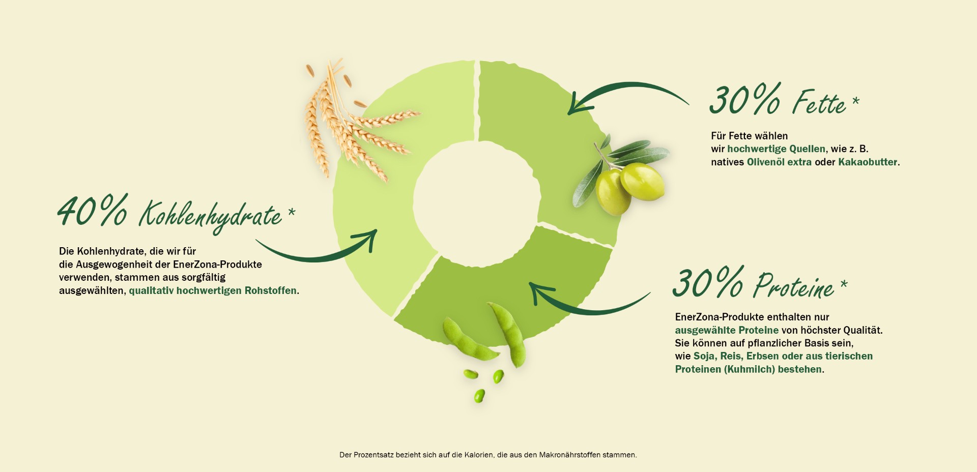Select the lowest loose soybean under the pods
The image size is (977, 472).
[x=479, y=396]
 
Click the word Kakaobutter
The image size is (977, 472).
[x=868, y=162]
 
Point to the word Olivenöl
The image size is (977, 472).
[x=766, y=162]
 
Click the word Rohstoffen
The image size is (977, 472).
[x=271, y=291]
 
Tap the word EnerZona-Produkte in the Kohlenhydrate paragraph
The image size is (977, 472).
[x=217, y=264]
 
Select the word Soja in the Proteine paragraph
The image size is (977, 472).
[x=704, y=357]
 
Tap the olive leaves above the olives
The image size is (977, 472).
[x=636, y=151]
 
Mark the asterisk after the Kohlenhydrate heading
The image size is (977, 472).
[x=292, y=212]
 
